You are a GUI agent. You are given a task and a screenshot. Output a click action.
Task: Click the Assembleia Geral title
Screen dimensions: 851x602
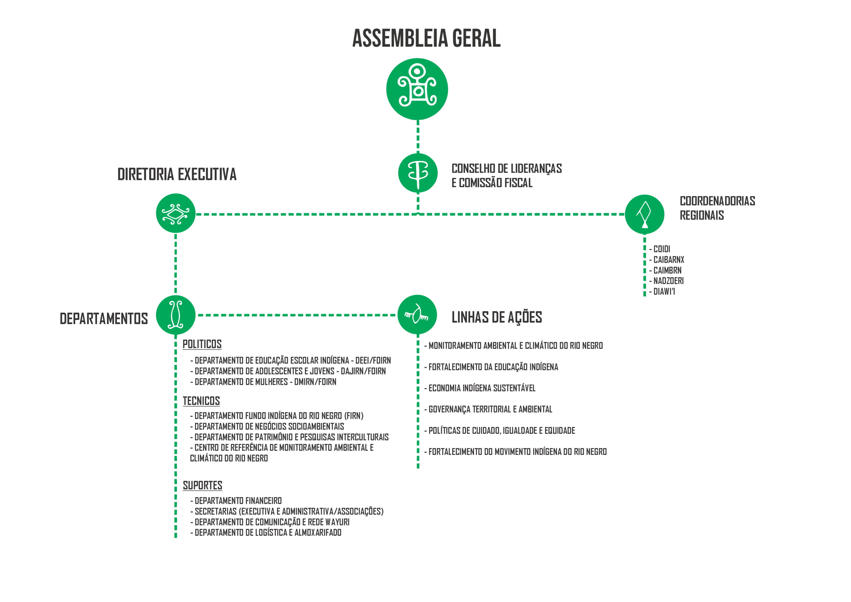(426, 38)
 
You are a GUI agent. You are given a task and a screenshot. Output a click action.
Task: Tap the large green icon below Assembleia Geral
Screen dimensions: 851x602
(417, 89)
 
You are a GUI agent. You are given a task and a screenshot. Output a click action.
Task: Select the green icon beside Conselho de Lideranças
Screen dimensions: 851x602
(418, 173)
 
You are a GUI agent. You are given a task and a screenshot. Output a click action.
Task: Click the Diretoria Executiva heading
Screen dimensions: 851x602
(177, 174)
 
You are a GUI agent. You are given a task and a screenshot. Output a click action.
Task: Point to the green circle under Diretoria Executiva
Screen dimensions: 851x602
(176, 213)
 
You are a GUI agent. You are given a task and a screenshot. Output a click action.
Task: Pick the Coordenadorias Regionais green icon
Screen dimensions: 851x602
(645, 215)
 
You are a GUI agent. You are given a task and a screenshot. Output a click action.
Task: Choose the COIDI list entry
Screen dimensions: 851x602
(660, 249)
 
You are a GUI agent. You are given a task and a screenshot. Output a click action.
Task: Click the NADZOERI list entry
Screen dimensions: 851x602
(667, 281)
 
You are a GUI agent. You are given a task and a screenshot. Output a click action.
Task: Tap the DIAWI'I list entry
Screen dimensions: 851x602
(662, 292)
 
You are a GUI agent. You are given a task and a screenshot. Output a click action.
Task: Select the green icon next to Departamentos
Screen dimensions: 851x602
(176, 315)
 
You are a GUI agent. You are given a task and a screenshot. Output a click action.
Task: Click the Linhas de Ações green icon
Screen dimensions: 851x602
(417, 315)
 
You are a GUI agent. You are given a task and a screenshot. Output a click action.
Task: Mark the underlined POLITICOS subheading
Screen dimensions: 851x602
(202, 344)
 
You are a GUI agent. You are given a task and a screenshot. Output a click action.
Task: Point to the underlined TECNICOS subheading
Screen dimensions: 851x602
(201, 401)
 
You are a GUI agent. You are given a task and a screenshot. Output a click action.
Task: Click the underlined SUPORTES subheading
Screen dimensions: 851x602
(202, 486)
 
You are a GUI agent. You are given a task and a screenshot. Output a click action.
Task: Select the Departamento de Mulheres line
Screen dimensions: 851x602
(263, 382)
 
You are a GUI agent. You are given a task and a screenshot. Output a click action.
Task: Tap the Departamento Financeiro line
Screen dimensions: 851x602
(236, 501)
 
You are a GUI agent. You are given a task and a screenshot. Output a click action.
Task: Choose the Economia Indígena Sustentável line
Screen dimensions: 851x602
(480, 388)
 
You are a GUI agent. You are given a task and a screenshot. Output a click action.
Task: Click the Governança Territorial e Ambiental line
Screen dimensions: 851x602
(488, 409)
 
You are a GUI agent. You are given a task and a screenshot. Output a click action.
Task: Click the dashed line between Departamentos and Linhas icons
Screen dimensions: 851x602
(297, 315)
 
